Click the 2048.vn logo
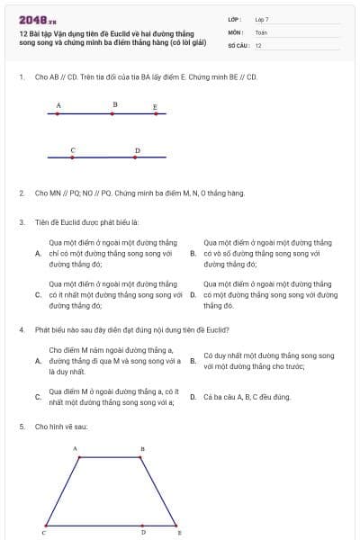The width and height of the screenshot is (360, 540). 38,18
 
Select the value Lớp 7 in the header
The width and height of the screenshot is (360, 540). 262,18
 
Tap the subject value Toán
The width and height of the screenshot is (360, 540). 261,31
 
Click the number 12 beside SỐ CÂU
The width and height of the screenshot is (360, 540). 258,45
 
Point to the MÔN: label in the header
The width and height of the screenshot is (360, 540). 236,31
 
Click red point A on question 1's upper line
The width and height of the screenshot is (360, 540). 58,114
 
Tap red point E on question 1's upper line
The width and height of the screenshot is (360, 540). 156,114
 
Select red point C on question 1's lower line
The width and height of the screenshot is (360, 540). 71,157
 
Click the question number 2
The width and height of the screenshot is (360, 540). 21,193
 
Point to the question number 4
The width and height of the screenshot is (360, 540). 21,330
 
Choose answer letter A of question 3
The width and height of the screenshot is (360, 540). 38,254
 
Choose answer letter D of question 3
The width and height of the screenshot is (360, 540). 193,294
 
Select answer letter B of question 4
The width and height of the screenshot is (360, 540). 193,361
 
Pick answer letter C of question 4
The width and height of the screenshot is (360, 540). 38,397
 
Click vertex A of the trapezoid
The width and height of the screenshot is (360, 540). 80,456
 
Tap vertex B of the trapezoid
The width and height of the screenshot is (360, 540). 142,456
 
